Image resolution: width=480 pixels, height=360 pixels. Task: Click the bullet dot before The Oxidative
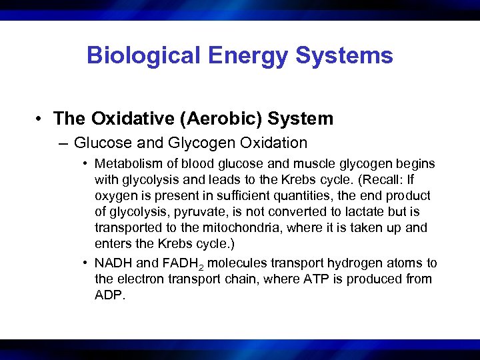coord(41,119)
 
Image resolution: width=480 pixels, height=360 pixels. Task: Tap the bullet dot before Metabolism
coord(87,164)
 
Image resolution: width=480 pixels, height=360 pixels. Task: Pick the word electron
coord(139,279)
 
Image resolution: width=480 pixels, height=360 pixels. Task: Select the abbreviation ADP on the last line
coord(109,295)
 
